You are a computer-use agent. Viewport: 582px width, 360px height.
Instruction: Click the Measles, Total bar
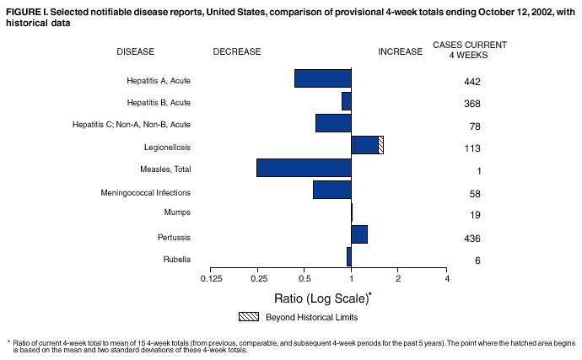[x=304, y=167]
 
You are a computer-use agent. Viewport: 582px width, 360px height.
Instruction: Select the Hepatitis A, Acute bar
[x=322, y=78]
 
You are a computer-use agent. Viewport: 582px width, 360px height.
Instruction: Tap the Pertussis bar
[x=359, y=234]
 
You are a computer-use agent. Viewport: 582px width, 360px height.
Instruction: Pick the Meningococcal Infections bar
[x=331, y=190]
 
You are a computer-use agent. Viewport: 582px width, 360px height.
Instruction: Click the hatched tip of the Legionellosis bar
[x=381, y=145]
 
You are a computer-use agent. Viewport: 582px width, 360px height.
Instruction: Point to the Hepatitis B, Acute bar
[x=346, y=101]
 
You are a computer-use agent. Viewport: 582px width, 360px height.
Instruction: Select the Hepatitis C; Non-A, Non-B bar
[x=333, y=123]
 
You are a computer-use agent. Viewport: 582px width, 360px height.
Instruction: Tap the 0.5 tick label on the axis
[x=304, y=278]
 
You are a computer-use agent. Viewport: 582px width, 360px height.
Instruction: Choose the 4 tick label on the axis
[x=446, y=278]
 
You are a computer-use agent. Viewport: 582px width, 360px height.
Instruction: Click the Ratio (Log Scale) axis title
[x=323, y=298]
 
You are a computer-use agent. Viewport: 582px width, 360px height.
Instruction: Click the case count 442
[x=472, y=82]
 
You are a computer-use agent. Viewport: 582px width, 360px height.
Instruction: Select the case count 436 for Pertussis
[x=472, y=239]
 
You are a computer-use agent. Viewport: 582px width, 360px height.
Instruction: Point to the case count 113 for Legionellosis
[x=472, y=148]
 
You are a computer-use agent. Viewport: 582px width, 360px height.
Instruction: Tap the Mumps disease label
[x=177, y=212]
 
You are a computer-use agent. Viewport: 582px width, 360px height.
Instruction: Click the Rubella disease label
[x=176, y=259]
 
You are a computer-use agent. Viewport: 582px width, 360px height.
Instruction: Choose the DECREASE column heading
[x=237, y=51]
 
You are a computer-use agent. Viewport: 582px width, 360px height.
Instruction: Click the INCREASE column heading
[x=400, y=51]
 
